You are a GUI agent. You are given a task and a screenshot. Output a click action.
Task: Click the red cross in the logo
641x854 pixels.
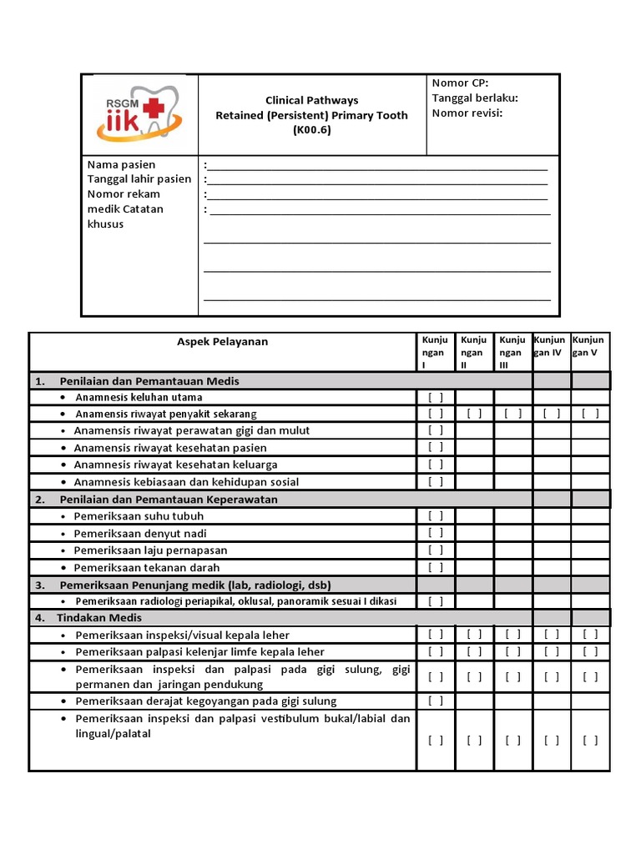tap(154, 108)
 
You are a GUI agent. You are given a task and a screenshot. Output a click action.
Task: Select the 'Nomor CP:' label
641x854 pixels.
tap(460, 83)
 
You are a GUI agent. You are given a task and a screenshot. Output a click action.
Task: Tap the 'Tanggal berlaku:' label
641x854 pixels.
tap(475, 98)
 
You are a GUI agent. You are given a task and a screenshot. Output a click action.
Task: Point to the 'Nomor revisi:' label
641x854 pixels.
tap(467, 113)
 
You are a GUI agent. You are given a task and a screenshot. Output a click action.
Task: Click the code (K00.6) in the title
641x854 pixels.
tap(311, 129)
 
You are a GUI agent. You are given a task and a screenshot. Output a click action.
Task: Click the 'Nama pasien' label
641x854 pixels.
tap(121, 164)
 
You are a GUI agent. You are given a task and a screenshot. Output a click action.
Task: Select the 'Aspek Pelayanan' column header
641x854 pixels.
tap(223, 341)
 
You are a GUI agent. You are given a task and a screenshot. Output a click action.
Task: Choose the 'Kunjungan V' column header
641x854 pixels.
tap(589, 346)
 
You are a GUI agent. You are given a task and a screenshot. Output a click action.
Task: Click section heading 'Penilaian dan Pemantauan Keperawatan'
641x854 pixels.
tap(169, 499)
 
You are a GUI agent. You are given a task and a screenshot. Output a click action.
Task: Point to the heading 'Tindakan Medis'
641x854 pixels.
tap(99, 618)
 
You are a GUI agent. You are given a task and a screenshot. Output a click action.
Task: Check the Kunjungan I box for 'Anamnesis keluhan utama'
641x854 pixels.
tap(436, 397)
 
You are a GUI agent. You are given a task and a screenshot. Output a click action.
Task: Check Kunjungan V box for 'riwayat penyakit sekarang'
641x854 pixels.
tap(590, 414)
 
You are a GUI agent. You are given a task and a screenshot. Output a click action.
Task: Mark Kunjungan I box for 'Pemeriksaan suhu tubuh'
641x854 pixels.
tap(436, 516)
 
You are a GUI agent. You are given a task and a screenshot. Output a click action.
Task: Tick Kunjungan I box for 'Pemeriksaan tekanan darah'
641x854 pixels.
tap(436, 568)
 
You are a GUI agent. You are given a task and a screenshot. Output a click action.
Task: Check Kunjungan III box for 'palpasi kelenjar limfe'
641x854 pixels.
tap(513, 651)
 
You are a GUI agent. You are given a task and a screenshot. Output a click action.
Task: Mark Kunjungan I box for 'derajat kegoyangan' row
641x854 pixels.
tap(436, 701)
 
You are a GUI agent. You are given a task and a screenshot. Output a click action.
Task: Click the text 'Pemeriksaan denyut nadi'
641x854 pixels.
tap(140, 534)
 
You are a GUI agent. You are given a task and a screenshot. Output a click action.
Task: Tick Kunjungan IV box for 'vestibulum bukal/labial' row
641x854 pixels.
tap(552, 740)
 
